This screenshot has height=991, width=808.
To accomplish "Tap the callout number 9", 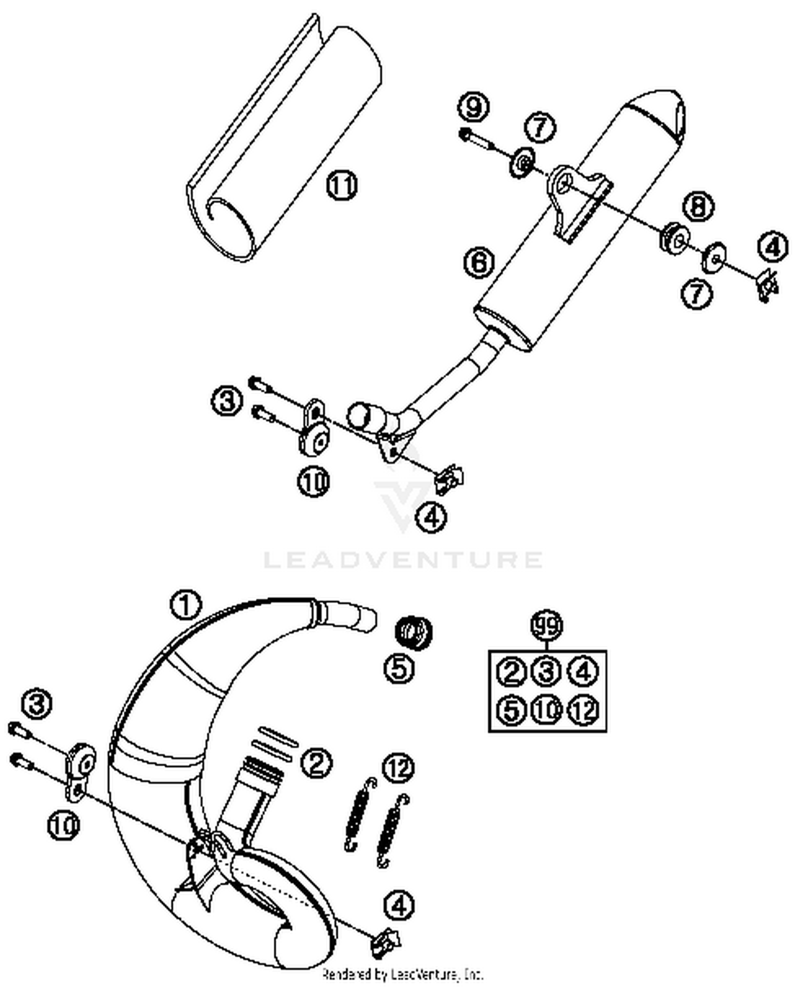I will point(473,107).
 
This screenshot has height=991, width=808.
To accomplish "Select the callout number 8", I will point(699,206).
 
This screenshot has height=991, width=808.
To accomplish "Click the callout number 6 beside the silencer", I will point(479,262).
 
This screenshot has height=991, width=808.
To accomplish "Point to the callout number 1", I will point(186,605).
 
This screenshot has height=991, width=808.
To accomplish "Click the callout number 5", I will point(399,669).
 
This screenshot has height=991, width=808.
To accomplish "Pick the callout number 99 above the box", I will point(547,626).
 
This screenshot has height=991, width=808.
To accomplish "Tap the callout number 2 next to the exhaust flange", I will point(316,763).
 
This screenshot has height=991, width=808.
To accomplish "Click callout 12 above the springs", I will point(398,768).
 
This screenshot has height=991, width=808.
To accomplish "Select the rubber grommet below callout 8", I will point(674,236).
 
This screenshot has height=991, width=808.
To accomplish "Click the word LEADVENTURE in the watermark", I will point(403,559).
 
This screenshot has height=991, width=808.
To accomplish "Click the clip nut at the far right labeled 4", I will point(767,284).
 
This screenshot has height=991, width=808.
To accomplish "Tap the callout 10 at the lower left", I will point(64,825).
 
